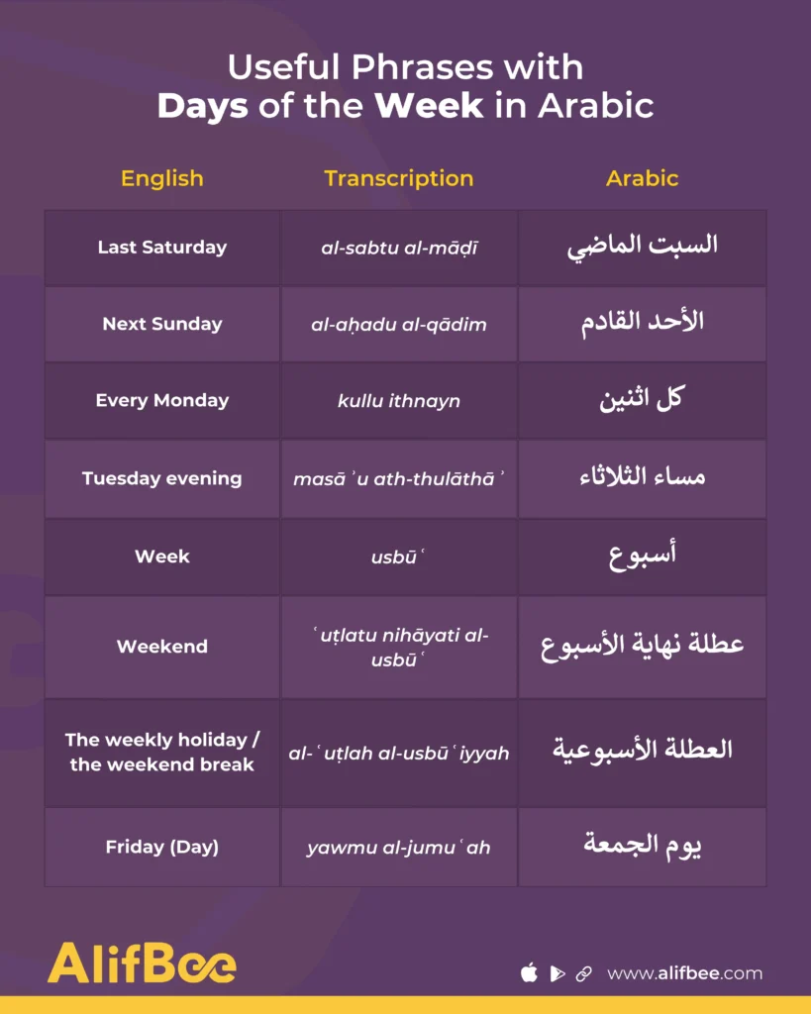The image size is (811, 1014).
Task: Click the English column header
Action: tap(161, 179)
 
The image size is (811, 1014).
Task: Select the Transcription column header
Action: tap(398, 179)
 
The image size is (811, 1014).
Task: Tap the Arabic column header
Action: tap(642, 179)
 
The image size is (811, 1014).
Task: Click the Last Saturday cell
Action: tap(162, 248)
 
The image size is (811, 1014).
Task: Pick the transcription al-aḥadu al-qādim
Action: tap(399, 325)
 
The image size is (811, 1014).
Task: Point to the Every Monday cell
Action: tap(162, 401)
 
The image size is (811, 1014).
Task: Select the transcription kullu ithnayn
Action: tap(399, 402)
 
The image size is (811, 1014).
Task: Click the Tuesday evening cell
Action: tap(162, 478)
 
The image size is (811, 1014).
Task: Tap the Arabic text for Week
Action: tap(642, 557)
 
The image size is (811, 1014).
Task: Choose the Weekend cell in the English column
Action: tap(162, 647)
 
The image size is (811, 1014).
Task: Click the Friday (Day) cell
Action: tap(162, 847)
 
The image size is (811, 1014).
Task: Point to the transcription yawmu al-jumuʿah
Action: tap(399, 848)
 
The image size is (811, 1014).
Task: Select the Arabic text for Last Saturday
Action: tap(642, 247)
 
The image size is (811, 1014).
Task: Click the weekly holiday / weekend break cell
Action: tap(162, 753)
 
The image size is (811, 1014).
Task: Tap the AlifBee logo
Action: tap(142, 963)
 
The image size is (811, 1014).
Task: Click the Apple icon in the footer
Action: tap(529, 973)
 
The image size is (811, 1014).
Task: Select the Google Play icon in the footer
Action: tap(558, 973)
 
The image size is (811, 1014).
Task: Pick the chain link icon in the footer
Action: tap(584, 973)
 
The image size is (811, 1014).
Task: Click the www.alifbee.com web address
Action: tap(684, 973)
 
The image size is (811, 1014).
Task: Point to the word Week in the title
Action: tap(429, 106)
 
